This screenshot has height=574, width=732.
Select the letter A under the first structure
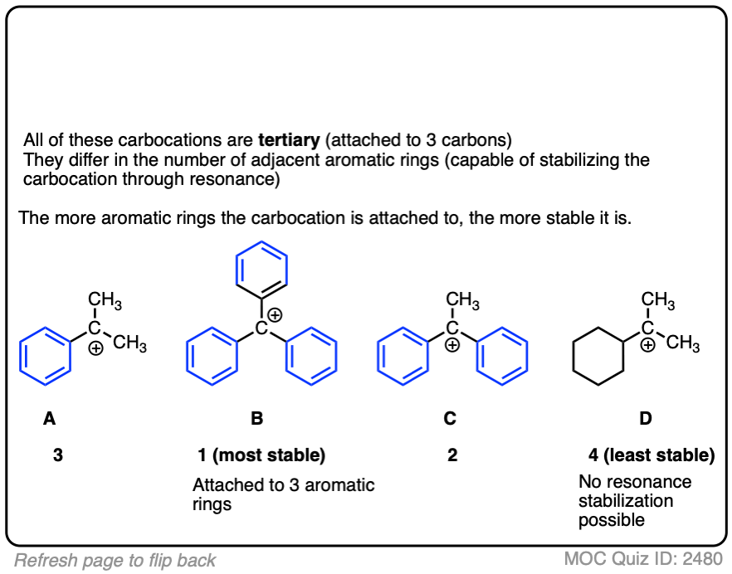50,419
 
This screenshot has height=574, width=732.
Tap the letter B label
257,419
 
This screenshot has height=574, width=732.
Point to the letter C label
450,419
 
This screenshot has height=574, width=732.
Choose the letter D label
646,419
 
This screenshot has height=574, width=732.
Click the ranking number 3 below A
57,455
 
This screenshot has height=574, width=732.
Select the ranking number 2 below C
452,455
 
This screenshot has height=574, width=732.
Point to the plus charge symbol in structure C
452,347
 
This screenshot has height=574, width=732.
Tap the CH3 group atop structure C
462,301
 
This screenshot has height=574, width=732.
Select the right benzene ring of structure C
502,357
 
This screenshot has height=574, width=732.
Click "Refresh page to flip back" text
115,560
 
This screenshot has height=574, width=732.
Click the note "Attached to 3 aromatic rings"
283,494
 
